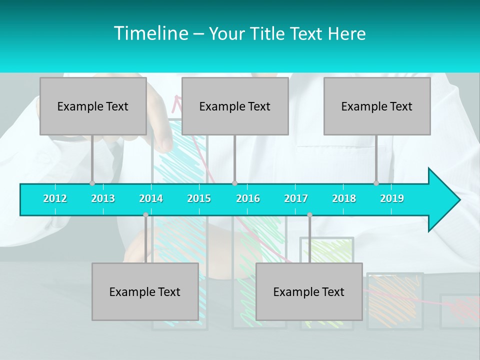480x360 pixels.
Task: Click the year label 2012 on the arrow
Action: (x=55, y=198)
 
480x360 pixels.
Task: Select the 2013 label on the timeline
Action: (x=103, y=198)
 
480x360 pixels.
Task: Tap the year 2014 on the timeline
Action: (x=151, y=198)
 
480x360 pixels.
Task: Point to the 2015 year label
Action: (x=199, y=198)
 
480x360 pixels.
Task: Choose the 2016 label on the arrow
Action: (x=248, y=198)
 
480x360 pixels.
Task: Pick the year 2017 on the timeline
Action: (x=296, y=198)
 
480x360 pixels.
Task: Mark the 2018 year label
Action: (x=344, y=198)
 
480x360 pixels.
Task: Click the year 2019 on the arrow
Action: (x=392, y=198)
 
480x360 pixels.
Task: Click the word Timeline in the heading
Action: (x=150, y=33)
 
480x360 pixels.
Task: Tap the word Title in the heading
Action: (x=267, y=34)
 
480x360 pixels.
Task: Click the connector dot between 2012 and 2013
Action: (x=92, y=183)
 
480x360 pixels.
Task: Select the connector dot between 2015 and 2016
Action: (x=234, y=183)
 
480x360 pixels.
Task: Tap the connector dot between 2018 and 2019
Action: (x=376, y=183)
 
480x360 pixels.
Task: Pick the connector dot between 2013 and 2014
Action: (x=145, y=215)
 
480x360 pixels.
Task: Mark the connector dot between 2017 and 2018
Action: (x=309, y=215)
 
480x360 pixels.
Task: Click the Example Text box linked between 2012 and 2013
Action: (x=93, y=106)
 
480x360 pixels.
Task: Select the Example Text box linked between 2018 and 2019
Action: (x=377, y=106)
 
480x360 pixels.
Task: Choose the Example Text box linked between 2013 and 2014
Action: (x=145, y=291)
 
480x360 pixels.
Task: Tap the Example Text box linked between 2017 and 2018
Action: (x=309, y=291)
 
